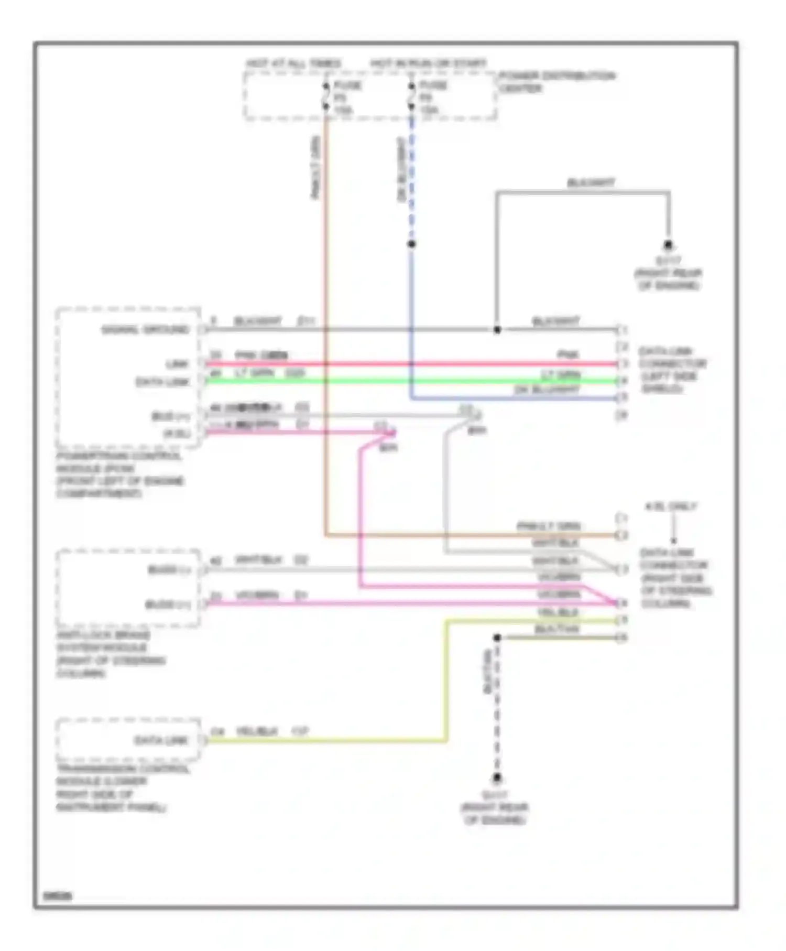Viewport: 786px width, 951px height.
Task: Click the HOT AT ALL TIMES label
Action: coord(293,64)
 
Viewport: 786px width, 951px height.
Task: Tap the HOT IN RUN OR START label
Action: coord(428,64)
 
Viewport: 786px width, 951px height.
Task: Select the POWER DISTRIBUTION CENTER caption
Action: coord(556,82)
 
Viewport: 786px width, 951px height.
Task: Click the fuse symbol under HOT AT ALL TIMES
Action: coord(326,96)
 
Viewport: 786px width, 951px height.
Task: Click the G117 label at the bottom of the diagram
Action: coord(495,795)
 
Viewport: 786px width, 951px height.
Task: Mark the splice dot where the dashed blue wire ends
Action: coord(412,244)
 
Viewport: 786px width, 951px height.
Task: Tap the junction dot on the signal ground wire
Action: coord(497,330)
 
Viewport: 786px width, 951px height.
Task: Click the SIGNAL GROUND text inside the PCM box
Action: coord(145,330)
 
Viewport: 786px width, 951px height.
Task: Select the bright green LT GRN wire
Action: coord(409,381)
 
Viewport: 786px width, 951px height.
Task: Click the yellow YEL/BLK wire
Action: coord(446,682)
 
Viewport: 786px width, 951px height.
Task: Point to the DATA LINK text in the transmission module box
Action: coord(161,740)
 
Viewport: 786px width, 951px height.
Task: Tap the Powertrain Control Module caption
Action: coord(120,474)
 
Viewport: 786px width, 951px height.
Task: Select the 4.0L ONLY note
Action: coord(671,506)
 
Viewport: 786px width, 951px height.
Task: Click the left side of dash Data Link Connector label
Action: coord(672,370)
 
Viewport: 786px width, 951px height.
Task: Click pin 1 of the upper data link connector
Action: coord(622,330)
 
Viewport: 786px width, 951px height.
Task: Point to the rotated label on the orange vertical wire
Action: coord(315,168)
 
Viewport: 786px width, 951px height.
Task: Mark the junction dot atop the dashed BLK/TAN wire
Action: coord(497,637)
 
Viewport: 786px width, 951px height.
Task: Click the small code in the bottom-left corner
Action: coord(58,896)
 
